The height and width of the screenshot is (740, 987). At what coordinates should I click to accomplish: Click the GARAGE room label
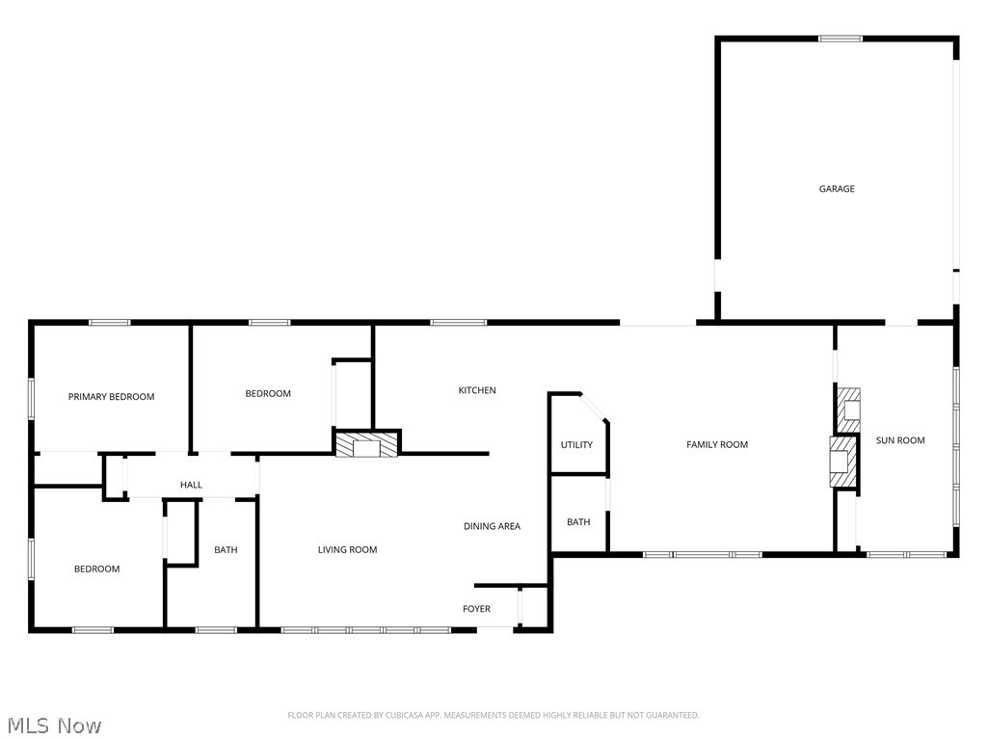point(837,189)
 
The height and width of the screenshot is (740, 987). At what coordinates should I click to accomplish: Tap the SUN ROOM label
point(899,440)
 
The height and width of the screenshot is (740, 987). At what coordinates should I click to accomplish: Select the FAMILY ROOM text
point(717,444)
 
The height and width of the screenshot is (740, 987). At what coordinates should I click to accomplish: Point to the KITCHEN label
point(477,390)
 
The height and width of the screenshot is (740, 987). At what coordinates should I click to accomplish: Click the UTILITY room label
point(576,445)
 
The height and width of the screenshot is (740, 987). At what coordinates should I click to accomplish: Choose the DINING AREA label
point(492,526)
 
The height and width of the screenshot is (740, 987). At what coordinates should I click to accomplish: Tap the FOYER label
point(476,609)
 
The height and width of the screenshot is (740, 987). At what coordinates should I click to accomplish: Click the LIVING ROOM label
point(348,549)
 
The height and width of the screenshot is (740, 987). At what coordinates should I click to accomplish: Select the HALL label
point(192,485)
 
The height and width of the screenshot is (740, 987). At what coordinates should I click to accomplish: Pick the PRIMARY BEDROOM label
point(111,397)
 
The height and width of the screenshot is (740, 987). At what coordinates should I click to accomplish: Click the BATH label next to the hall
point(226,550)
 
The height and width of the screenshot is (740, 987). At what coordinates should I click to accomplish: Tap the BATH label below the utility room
point(578,522)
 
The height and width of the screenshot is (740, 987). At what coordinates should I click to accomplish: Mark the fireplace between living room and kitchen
point(366,444)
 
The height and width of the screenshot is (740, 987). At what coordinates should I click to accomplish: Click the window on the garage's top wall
point(840,39)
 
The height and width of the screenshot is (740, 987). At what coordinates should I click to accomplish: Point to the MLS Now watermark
point(53,725)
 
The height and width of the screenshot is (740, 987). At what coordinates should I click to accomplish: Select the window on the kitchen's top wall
point(458,323)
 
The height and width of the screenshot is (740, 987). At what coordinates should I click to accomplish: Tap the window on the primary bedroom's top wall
point(109,323)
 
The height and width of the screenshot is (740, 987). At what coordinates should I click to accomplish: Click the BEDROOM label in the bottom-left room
point(97,568)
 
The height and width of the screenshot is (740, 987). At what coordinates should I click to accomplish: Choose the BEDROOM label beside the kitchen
point(268,393)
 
